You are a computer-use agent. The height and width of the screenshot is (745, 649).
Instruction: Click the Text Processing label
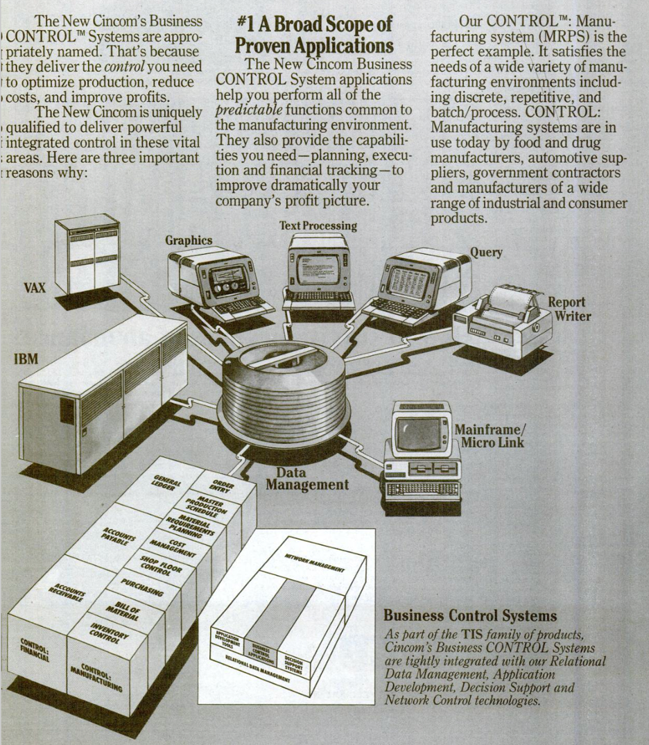pyautogui.click(x=318, y=225)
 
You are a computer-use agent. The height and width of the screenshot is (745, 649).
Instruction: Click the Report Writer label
pyautogui.click(x=566, y=309)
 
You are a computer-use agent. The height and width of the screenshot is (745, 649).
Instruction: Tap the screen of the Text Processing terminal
pyautogui.click(x=318, y=267)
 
